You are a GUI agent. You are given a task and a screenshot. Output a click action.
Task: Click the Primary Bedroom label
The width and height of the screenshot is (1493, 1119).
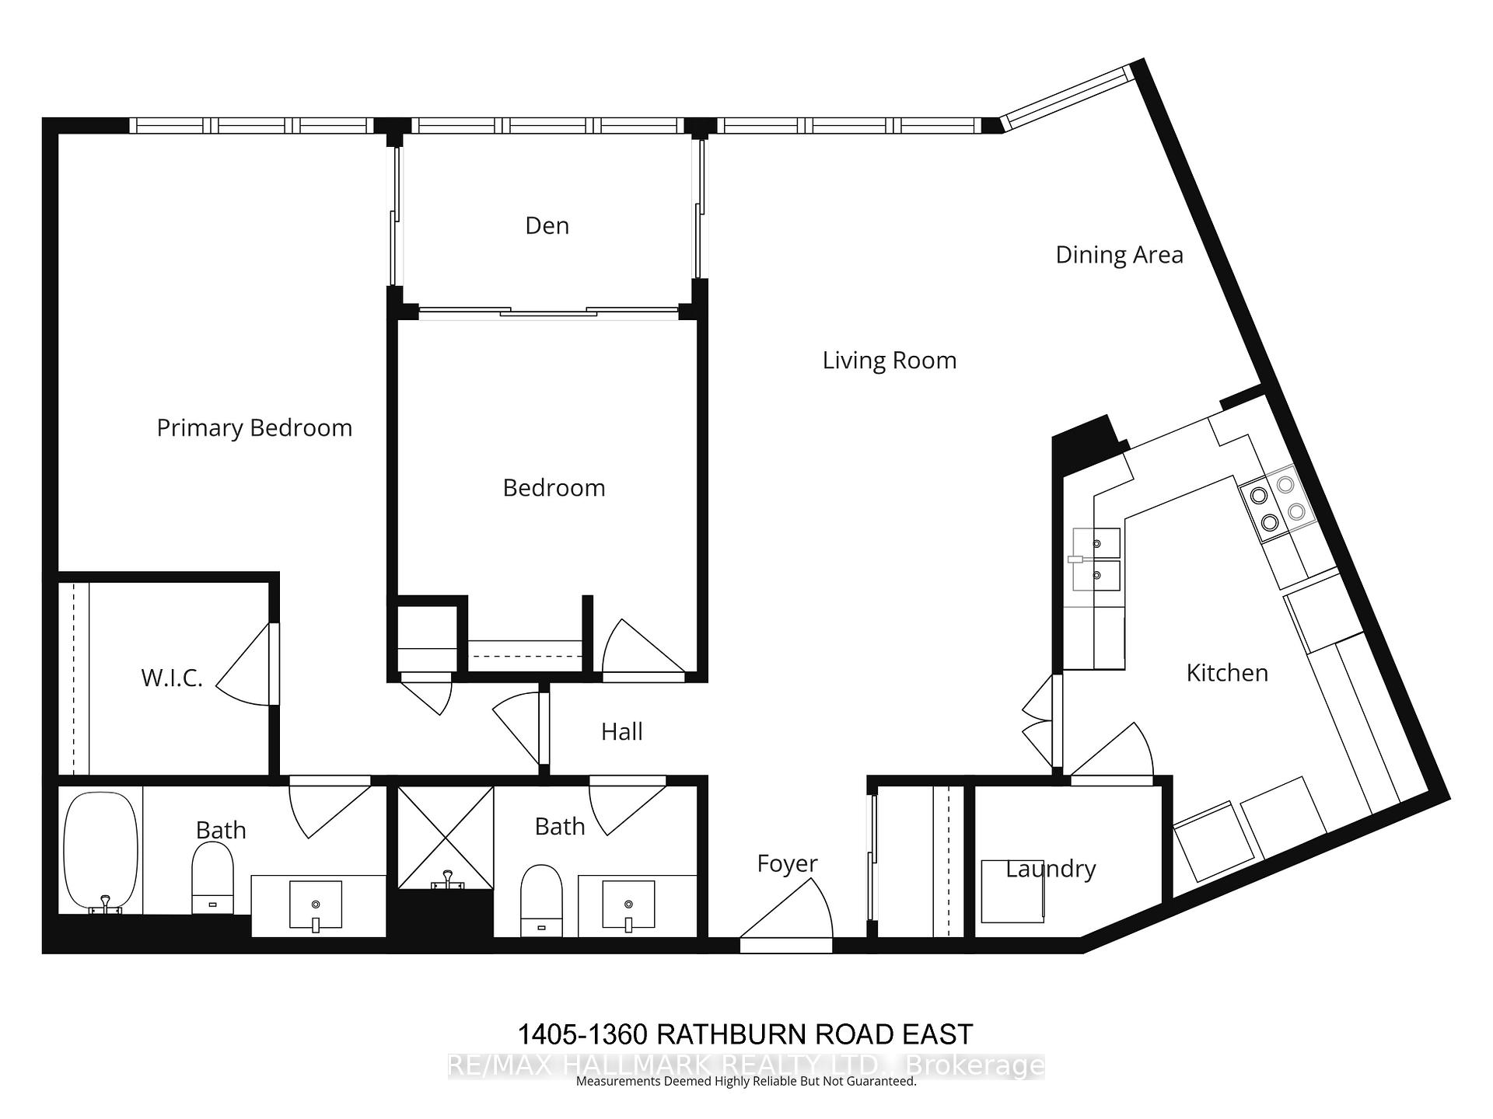click(254, 428)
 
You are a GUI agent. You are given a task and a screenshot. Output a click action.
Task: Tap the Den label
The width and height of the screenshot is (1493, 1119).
click(547, 226)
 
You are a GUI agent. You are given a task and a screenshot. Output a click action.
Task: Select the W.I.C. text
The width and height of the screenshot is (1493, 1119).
click(171, 678)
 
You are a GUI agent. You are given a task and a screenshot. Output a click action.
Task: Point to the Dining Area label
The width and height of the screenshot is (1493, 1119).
click(1118, 255)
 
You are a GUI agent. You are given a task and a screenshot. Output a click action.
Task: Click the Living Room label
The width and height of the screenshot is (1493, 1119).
click(889, 361)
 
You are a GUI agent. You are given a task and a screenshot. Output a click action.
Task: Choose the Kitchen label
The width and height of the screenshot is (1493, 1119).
click(1226, 673)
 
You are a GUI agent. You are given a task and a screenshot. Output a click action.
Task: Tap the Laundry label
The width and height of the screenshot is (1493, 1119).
click(1051, 869)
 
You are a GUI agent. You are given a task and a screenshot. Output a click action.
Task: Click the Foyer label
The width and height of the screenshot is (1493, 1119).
click(787, 863)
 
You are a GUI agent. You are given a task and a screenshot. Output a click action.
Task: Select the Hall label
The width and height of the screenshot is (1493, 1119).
click(621, 732)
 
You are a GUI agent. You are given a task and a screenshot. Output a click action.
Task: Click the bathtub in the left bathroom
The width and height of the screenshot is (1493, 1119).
click(100, 851)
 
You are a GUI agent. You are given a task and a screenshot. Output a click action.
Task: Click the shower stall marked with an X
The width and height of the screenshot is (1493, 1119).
click(446, 838)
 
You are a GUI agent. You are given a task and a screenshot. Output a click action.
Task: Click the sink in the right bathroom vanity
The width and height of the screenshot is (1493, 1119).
click(628, 905)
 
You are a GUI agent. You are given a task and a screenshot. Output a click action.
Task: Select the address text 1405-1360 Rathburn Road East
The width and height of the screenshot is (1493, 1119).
click(745, 1034)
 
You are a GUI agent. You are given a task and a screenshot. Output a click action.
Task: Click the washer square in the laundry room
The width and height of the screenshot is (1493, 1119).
click(1012, 891)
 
